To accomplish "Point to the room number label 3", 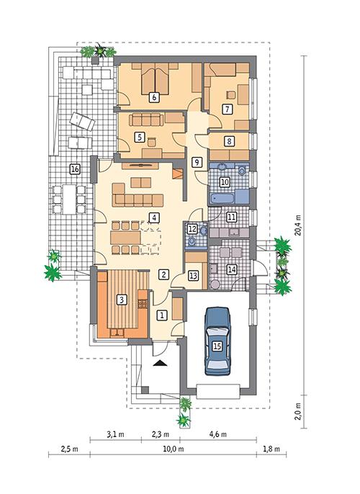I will (x=122, y=299).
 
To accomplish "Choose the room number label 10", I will (x=224, y=182).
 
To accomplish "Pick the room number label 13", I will (x=193, y=275).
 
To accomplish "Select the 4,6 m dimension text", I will (x=217, y=435).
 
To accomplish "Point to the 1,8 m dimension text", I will (x=269, y=449).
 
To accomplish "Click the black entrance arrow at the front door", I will (x=161, y=364).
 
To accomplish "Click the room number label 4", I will (x=153, y=217).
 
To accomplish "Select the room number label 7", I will (x=227, y=109).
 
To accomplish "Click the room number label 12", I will (x=192, y=228).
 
